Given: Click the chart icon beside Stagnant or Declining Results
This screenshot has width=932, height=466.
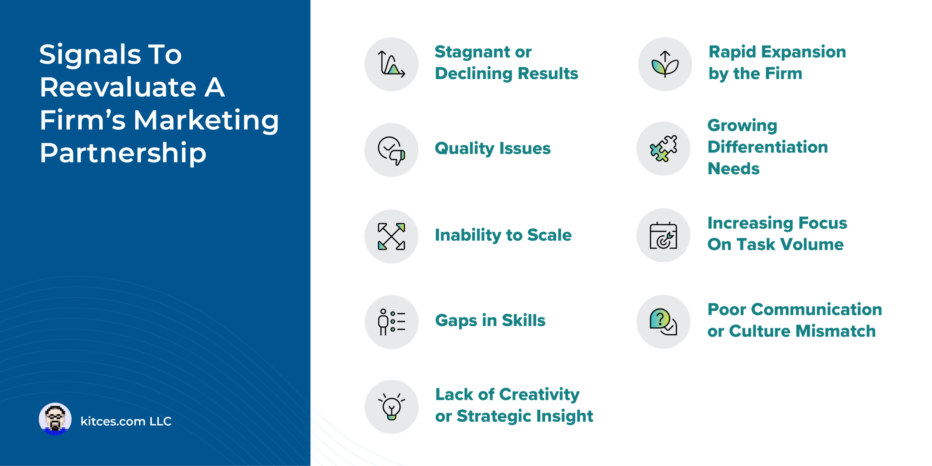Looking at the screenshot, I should [391, 64].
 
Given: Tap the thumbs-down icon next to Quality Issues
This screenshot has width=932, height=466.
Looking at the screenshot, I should [391, 150].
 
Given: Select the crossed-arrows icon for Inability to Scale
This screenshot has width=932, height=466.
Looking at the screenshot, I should [391, 236].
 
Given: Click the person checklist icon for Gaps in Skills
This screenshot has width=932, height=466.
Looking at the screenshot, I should [391, 322].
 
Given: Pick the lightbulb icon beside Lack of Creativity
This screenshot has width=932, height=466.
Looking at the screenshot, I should [391, 407].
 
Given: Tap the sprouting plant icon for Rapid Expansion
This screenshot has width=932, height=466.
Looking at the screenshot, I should [665, 64].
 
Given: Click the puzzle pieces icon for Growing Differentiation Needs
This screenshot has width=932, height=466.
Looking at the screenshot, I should [663, 148].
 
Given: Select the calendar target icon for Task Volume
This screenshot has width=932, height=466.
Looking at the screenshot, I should [663, 236].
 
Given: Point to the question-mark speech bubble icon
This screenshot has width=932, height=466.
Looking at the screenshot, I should [663, 322].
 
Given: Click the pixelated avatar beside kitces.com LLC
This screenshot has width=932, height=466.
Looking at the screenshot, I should [55, 419].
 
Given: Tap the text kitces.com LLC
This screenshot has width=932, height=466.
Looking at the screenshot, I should [126, 421].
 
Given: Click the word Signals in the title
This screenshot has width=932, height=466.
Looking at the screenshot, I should [90, 55].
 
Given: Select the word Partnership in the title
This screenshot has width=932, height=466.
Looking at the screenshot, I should [123, 153].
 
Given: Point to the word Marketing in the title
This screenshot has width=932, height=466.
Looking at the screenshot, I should [206, 120].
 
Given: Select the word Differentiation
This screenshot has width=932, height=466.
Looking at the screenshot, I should [767, 147].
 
